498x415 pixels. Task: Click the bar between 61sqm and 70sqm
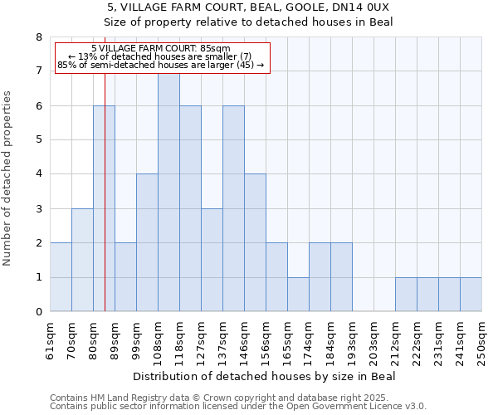(61, 277)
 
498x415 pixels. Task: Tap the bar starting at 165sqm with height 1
(298, 295)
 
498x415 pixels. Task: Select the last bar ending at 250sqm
(471, 295)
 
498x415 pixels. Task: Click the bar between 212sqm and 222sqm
(406, 295)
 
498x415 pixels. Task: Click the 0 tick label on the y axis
(38, 312)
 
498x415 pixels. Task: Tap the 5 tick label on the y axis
(38, 140)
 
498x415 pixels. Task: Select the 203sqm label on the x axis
(373, 339)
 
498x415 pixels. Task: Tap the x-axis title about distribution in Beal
(264, 376)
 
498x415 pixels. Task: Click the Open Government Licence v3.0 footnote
(238, 407)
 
